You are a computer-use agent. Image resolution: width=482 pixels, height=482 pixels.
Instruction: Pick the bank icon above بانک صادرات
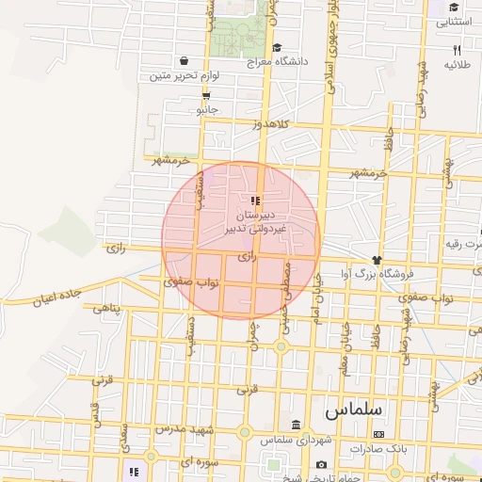378,434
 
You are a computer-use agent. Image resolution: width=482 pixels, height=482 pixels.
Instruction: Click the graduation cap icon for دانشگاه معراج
276,47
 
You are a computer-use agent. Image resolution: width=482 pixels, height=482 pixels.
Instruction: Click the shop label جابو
206,109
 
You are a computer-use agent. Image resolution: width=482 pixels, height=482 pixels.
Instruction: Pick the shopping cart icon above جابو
205,95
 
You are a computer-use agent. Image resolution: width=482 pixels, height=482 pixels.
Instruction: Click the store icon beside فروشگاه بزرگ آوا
377,260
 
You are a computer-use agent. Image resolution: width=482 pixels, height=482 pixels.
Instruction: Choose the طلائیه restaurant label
457,64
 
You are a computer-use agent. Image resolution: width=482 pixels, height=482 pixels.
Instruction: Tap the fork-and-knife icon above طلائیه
457,49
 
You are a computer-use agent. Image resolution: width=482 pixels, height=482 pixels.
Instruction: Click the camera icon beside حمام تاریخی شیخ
321,465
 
